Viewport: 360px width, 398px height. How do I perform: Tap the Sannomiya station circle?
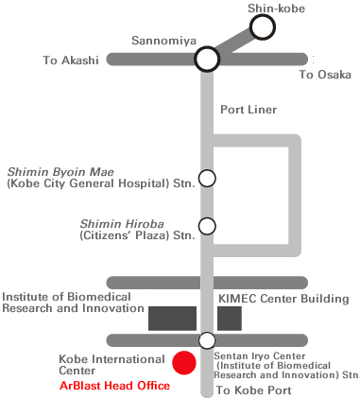coord(207,60)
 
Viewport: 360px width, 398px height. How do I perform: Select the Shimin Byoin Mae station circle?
coord(207,177)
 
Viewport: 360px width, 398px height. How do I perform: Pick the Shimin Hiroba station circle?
coord(207,227)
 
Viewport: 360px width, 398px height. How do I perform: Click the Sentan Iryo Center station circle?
coord(207,340)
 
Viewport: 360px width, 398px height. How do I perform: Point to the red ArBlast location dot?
coord(184,361)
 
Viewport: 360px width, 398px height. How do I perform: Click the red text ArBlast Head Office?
coord(114,386)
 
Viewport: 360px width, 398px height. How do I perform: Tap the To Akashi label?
coord(71,61)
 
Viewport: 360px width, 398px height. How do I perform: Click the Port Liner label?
coord(248,110)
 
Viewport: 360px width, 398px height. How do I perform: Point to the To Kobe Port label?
coord(249,389)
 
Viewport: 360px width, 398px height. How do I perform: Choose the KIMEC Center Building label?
coord(283,299)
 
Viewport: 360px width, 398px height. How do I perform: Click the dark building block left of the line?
coord(172,318)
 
